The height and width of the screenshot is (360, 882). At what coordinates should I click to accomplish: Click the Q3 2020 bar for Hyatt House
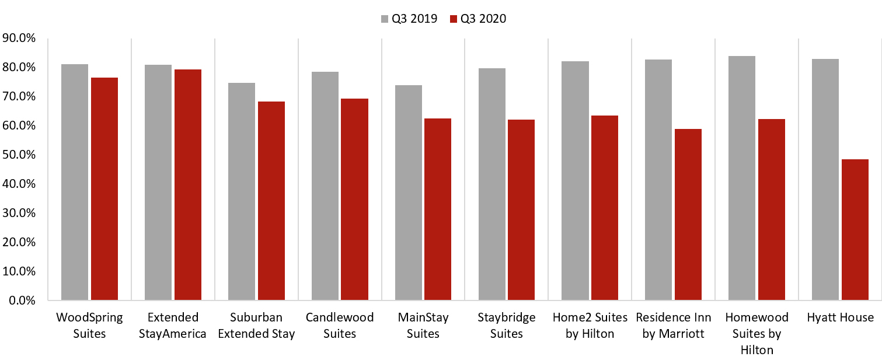855,230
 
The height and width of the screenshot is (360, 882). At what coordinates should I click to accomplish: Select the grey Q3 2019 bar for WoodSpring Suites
75,182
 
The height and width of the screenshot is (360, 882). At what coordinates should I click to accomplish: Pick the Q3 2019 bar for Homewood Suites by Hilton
742,178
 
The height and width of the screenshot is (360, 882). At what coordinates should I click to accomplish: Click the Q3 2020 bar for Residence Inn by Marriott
688,215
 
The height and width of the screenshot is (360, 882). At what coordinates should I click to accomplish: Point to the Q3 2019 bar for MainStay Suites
408,193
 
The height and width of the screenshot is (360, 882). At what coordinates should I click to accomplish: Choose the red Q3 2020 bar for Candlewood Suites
354,200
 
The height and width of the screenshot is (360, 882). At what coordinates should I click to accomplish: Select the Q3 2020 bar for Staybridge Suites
521,210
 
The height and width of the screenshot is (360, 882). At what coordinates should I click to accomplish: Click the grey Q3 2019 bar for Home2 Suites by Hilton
575,181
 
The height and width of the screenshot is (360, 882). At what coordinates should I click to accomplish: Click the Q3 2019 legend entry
410,19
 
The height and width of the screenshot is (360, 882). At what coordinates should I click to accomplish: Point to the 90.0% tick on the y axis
20,39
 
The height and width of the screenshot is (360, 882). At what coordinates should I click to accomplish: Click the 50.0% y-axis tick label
20,155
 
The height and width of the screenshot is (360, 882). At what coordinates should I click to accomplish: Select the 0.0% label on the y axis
22,301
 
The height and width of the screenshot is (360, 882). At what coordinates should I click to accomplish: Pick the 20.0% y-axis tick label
20,243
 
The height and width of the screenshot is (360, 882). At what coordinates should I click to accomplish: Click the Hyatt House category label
840,318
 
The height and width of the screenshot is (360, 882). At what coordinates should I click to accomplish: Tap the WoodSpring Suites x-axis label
89,326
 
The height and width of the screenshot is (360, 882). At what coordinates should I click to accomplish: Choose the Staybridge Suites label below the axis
506,326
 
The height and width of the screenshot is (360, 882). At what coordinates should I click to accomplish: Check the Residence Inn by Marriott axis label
673,326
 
